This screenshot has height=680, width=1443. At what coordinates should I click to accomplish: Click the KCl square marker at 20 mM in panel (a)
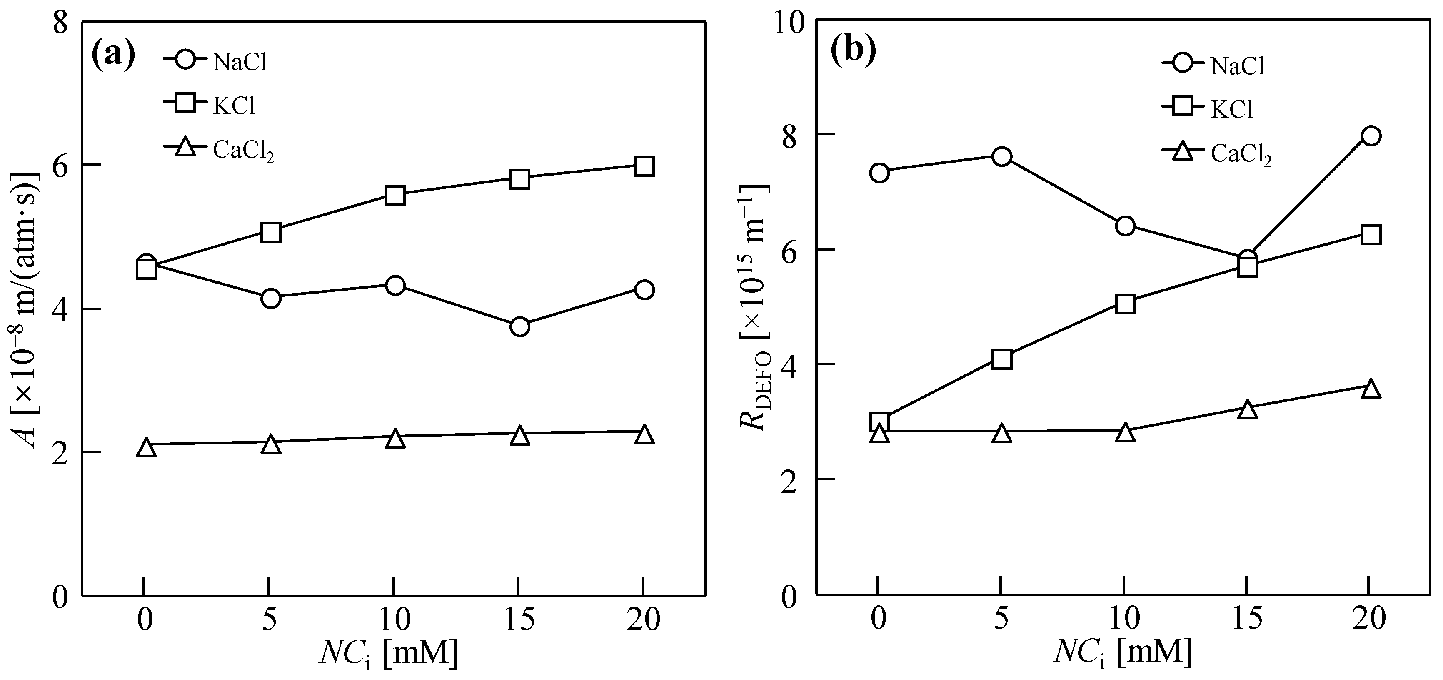click(x=644, y=166)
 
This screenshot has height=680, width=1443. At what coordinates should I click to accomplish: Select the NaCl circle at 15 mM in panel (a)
click(x=520, y=326)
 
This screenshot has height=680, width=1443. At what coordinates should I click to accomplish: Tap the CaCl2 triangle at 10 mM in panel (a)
click(x=395, y=438)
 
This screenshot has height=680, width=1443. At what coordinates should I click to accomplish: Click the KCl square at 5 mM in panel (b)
click(x=1001, y=359)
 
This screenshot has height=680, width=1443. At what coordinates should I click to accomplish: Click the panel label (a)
click(x=114, y=55)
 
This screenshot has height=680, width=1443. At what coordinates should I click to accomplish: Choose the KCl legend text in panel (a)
click(x=234, y=105)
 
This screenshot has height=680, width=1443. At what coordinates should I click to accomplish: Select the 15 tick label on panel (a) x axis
click(x=519, y=620)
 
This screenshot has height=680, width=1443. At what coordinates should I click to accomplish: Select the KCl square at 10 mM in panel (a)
click(x=395, y=196)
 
